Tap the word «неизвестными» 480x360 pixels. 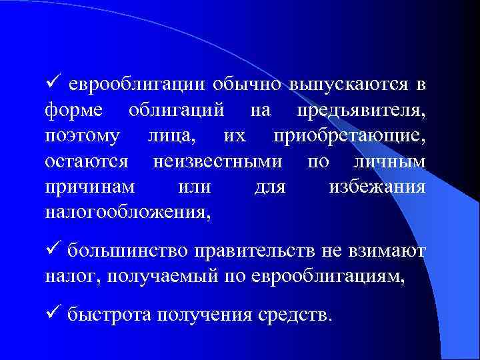coord(217,162)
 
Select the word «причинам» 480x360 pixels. coord(89,187)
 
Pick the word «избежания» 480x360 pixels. coord(377,187)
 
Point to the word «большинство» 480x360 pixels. coord(127,251)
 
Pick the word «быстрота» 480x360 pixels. coord(109,314)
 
